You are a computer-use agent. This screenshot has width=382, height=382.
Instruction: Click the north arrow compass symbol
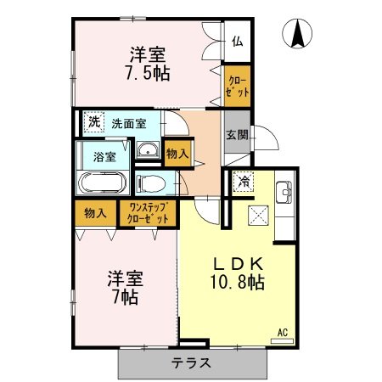(x=297, y=34)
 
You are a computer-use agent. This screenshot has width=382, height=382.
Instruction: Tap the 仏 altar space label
(x=237, y=42)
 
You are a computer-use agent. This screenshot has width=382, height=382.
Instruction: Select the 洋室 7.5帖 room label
(x=148, y=64)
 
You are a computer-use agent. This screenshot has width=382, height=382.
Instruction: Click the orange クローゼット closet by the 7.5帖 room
(x=237, y=86)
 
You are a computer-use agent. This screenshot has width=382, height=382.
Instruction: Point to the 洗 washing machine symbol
(x=94, y=122)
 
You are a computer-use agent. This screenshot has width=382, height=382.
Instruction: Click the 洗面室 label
(x=129, y=124)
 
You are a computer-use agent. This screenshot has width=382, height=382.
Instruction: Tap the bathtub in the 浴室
(x=103, y=183)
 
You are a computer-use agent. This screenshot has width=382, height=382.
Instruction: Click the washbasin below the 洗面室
(x=148, y=149)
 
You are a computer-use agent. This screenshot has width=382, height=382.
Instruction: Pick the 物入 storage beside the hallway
(x=177, y=154)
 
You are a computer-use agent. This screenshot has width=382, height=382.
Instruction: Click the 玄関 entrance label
(x=237, y=135)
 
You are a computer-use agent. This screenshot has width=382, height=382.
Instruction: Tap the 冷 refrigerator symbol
(x=243, y=182)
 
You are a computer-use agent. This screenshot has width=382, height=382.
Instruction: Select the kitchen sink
(x=284, y=193)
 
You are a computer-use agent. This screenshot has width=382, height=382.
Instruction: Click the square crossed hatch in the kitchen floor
(x=258, y=216)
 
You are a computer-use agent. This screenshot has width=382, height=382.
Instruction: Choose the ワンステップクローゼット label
(x=148, y=213)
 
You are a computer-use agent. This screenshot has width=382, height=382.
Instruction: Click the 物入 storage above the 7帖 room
(x=95, y=213)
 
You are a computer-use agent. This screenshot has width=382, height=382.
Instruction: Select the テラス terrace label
(x=191, y=363)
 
